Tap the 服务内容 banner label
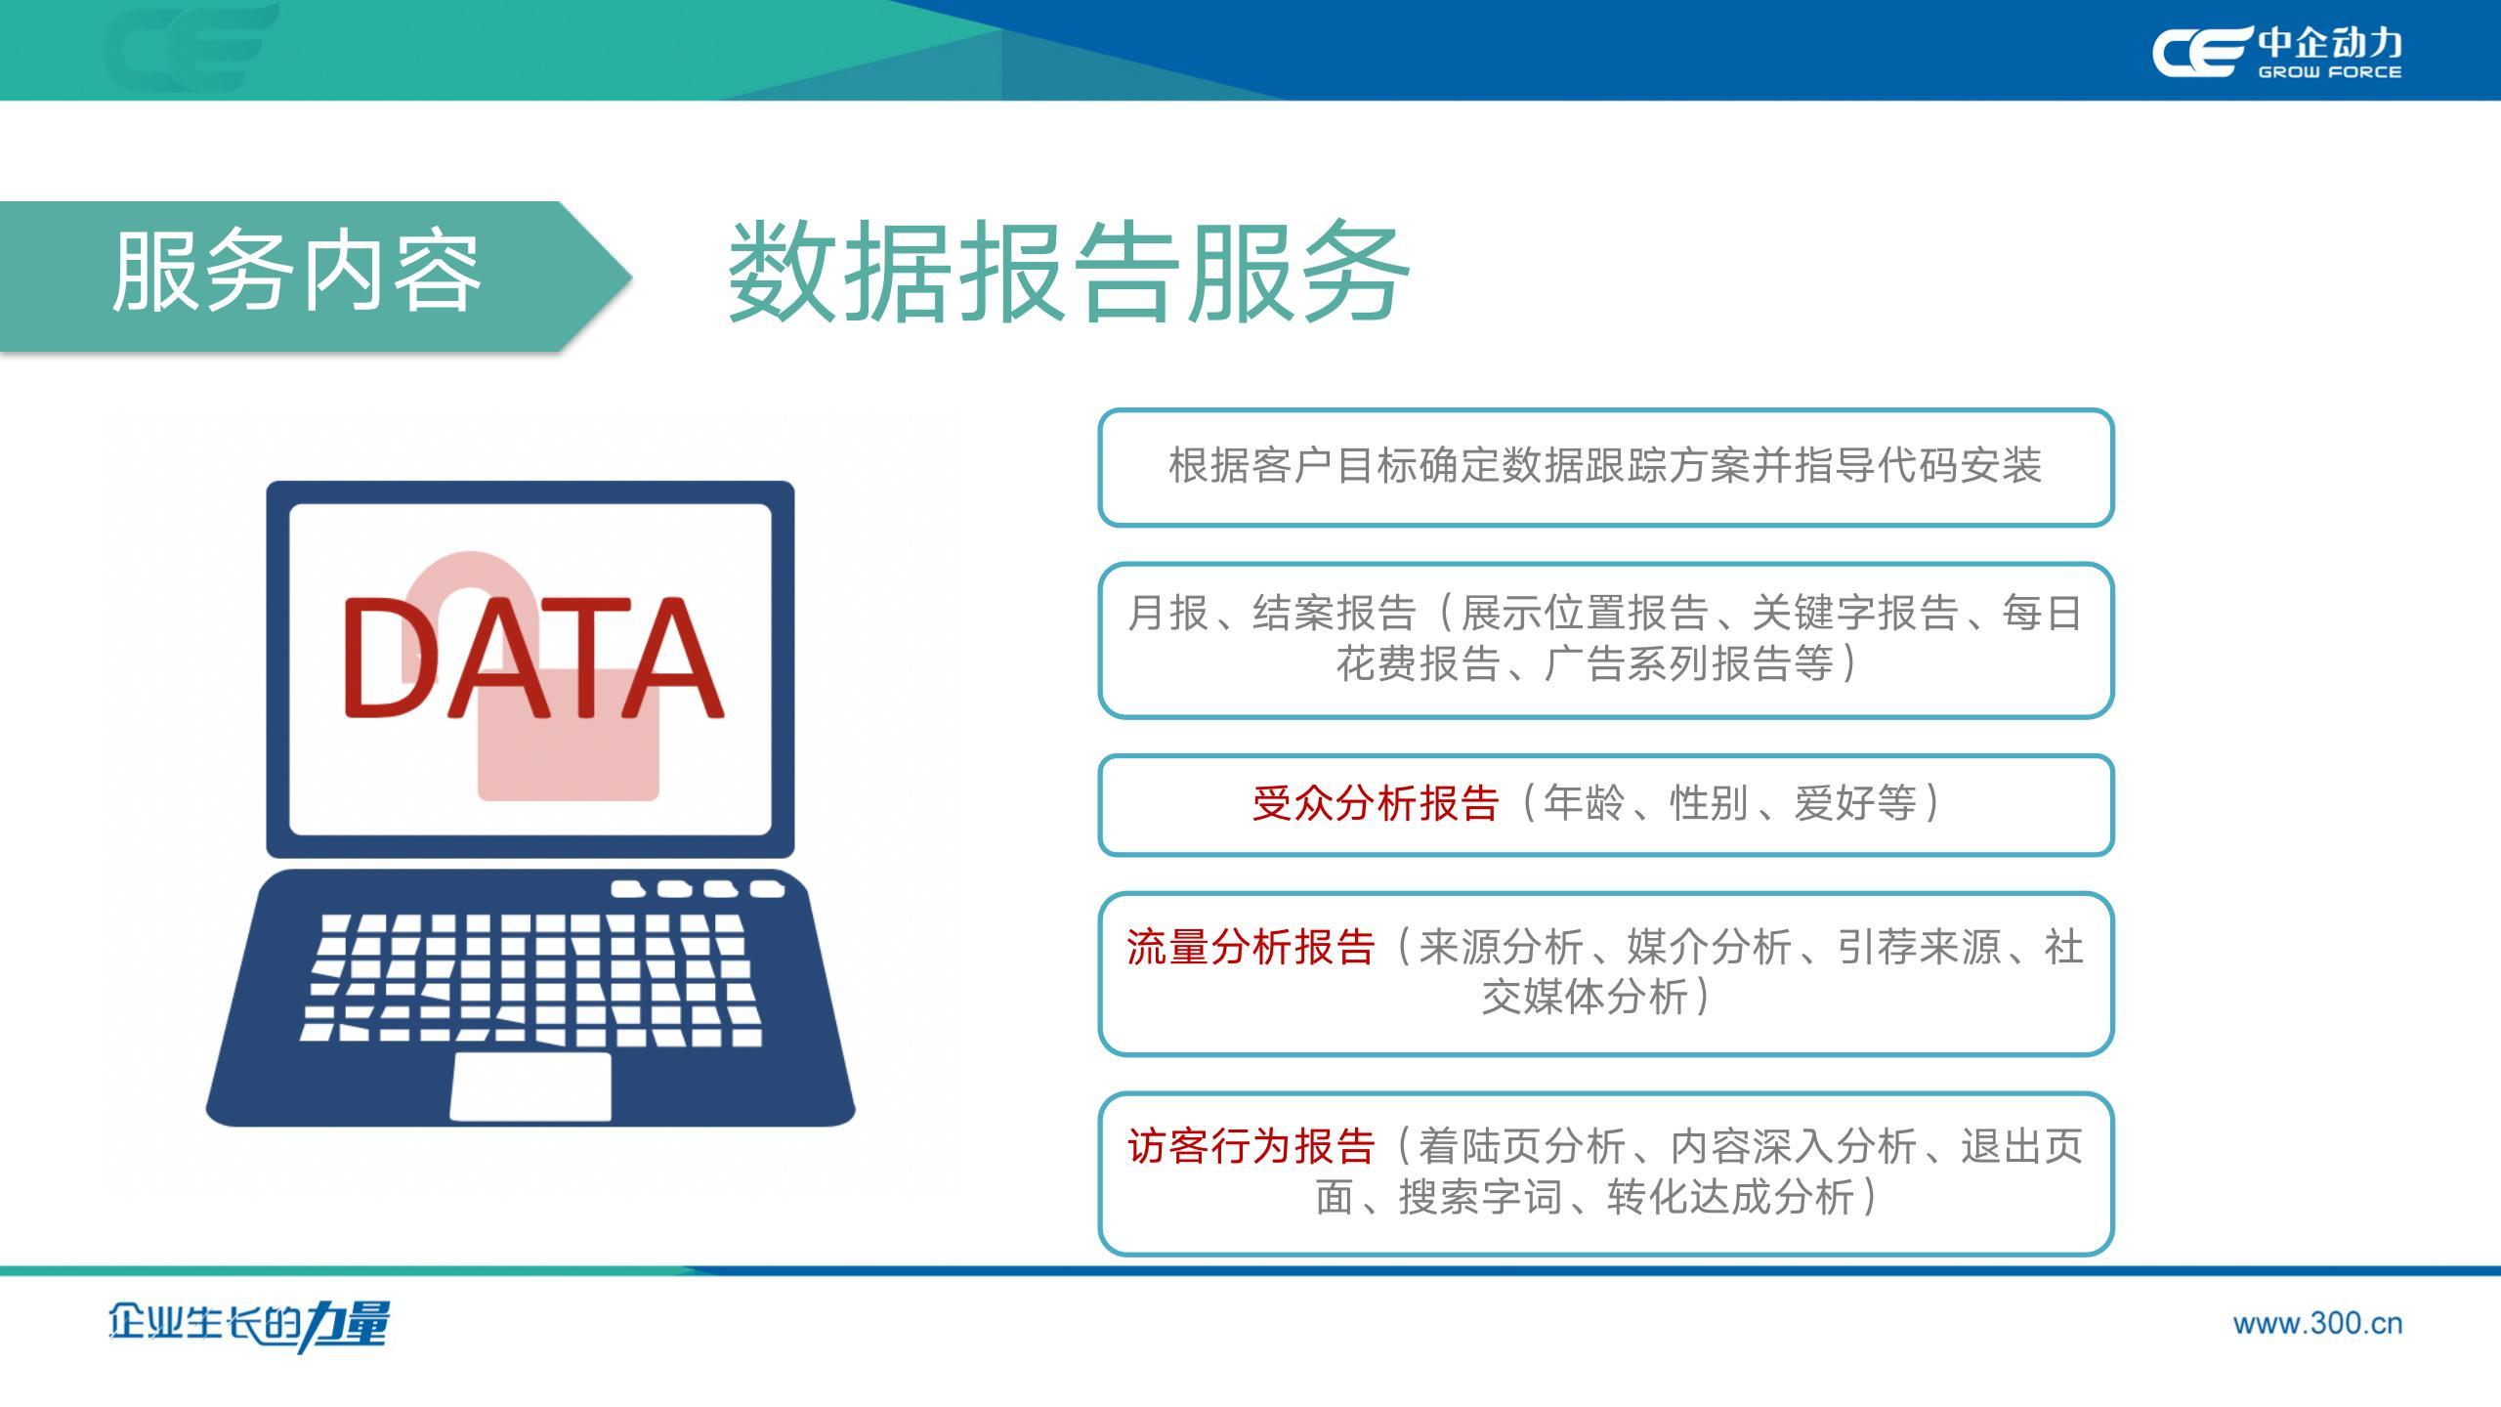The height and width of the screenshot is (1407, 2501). click(297, 273)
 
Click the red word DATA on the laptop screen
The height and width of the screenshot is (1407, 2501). click(532, 658)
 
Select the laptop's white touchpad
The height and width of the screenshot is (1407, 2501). click(530, 1086)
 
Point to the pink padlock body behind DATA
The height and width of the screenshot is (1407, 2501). click(569, 733)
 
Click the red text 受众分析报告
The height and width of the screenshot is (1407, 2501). click(1376, 803)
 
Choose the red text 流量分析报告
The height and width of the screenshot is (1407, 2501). click(1250, 947)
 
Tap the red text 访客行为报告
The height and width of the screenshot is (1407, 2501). click(1250, 1146)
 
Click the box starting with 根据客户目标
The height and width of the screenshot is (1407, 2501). click(1606, 467)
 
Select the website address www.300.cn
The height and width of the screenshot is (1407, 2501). click(2317, 1324)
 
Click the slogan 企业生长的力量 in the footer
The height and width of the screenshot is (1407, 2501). click(248, 1325)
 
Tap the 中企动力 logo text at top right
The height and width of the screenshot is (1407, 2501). click(2329, 43)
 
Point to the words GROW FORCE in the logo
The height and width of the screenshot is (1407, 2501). click(2329, 71)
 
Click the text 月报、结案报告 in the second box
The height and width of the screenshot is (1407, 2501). click(1271, 614)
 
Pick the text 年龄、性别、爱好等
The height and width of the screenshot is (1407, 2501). click(1730, 803)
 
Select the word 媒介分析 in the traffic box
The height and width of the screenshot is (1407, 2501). click(1709, 947)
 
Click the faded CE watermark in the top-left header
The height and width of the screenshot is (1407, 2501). click(191, 47)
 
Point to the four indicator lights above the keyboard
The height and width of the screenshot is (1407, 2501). click(698, 889)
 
